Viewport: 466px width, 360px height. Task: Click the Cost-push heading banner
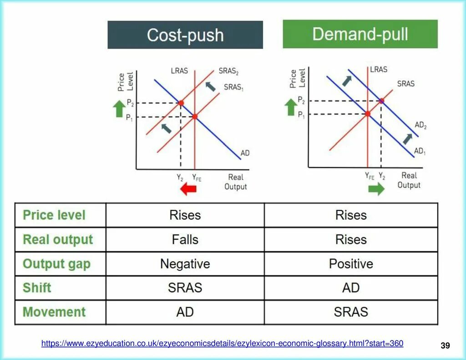pyautogui.click(x=185, y=35)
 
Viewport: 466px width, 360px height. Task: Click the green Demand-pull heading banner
pyautogui.click(x=360, y=34)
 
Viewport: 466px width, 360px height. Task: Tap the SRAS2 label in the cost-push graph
pyautogui.click(x=228, y=71)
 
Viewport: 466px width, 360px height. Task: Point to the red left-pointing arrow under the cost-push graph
pyautogui.click(x=188, y=189)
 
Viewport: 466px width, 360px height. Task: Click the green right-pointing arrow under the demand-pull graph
pyautogui.click(x=376, y=188)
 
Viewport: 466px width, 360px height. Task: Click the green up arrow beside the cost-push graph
pyautogui.click(x=119, y=109)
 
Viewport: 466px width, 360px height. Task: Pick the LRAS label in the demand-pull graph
pyautogui.click(x=378, y=70)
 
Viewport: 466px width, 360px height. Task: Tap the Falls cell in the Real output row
pyautogui.click(x=185, y=239)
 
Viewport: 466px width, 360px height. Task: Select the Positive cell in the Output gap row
pyautogui.click(x=351, y=264)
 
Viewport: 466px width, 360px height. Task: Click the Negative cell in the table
pyautogui.click(x=185, y=264)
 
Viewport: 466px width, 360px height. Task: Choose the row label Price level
pyautogui.click(x=54, y=215)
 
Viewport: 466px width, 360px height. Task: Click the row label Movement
pyautogui.click(x=54, y=312)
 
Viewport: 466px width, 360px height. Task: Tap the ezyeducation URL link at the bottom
pyautogui.click(x=222, y=344)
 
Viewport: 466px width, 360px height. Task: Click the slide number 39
pyautogui.click(x=445, y=346)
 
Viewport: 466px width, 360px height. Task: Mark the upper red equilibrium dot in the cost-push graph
pyautogui.click(x=181, y=103)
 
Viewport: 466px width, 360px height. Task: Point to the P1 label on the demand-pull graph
pyautogui.click(x=302, y=115)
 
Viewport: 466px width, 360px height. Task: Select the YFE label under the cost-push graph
pyautogui.click(x=196, y=178)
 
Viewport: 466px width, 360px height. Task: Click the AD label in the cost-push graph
pyautogui.click(x=245, y=153)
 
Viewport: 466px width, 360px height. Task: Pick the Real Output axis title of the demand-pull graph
pyautogui.click(x=409, y=180)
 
